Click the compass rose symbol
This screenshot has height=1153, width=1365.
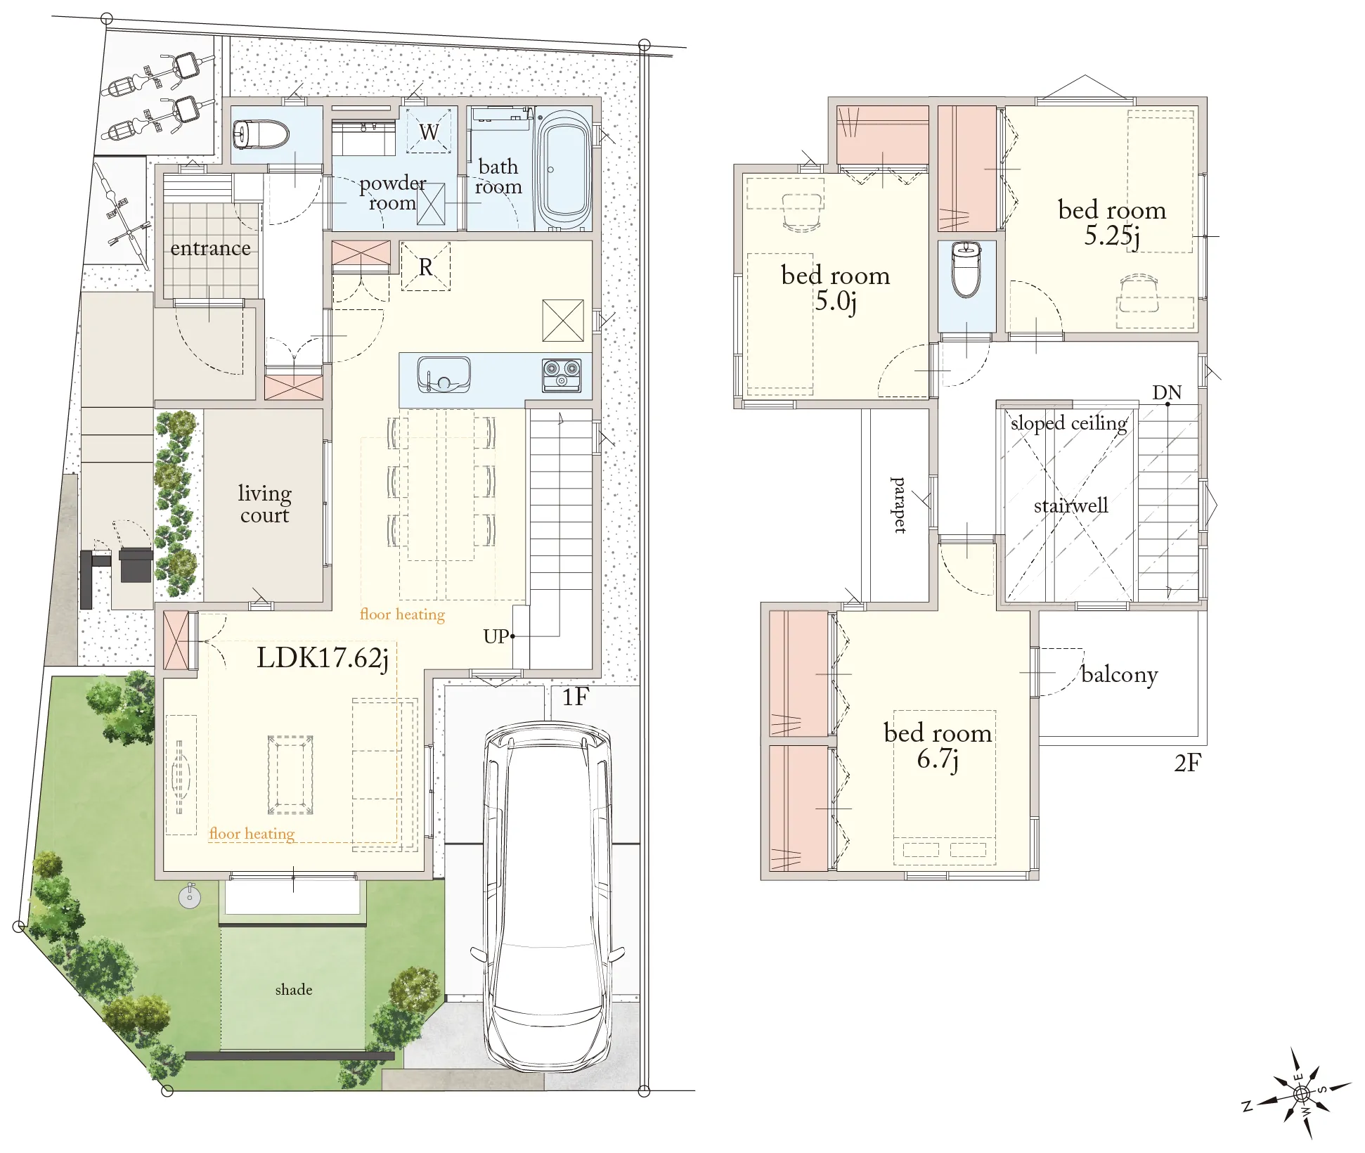1301,1094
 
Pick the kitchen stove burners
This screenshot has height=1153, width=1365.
562,375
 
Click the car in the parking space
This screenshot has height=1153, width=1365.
548,896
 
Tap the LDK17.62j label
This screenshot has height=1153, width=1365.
323,659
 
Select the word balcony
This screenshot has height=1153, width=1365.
1120,675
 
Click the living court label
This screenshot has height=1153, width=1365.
264,504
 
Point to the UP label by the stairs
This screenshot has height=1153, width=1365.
496,636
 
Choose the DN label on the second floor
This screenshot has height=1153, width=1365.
1167,392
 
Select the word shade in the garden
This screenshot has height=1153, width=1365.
294,989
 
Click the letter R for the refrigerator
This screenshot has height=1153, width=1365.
426,267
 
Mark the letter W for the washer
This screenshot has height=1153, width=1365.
429,131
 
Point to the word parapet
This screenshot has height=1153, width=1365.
898,505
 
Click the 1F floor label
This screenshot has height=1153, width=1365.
575,697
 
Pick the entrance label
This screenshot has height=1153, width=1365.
210,248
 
